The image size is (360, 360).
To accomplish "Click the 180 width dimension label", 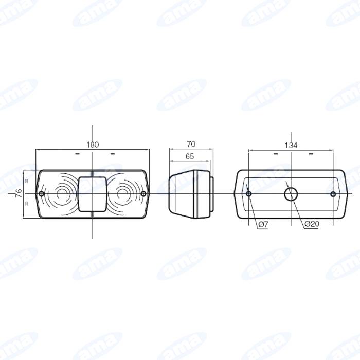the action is click(x=93, y=145).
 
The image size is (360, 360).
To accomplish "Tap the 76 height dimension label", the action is click(x=19, y=193).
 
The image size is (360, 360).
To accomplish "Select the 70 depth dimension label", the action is click(x=191, y=144).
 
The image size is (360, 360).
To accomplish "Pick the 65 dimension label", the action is click(x=190, y=156).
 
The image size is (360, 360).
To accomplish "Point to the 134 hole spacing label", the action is click(x=291, y=146).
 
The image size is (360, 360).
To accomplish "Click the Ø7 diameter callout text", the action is click(x=263, y=224).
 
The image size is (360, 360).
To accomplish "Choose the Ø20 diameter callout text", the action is click(x=312, y=224).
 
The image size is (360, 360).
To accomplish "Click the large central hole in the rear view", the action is click(x=291, y=194).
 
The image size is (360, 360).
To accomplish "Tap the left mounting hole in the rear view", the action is click(x=248, y=194).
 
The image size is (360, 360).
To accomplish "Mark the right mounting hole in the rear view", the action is click(x=333, y=194).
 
